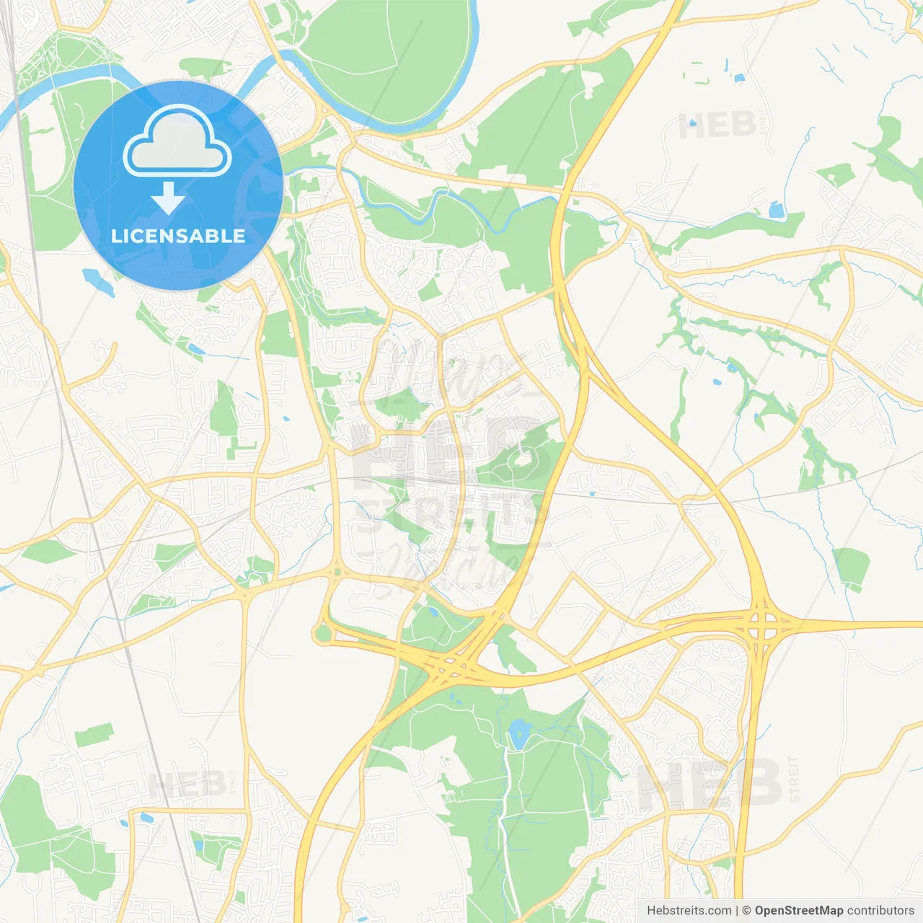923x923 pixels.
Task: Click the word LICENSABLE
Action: click(178, 237)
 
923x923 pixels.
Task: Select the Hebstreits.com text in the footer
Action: click(689, 911)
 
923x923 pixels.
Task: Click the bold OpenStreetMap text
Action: click(798, 911)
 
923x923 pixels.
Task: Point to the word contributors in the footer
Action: click(880, 911)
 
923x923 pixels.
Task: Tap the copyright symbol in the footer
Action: click(746, 911)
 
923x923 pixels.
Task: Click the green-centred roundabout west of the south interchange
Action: click(322, 635)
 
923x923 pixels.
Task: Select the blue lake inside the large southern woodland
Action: click(517, 736)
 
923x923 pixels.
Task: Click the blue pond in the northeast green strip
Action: click(776, 211)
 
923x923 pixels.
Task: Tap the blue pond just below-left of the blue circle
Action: click(98, 281)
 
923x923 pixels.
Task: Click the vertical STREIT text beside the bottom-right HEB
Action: click(794, 780)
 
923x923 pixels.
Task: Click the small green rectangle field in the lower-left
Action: click(94, 735)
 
